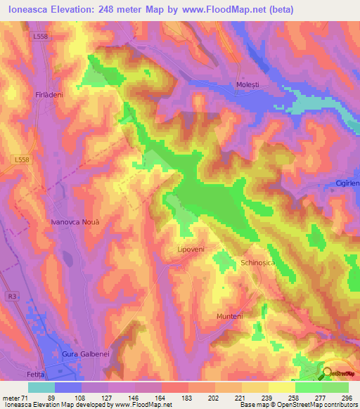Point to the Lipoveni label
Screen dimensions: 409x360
[190, 249]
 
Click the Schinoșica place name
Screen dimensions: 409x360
[261, 262]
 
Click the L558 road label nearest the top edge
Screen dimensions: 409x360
[41, 37]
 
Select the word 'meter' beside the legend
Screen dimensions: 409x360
[13, 397]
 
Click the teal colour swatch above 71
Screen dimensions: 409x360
[41, 387]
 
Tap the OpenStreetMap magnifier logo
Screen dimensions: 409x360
[329, 373]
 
